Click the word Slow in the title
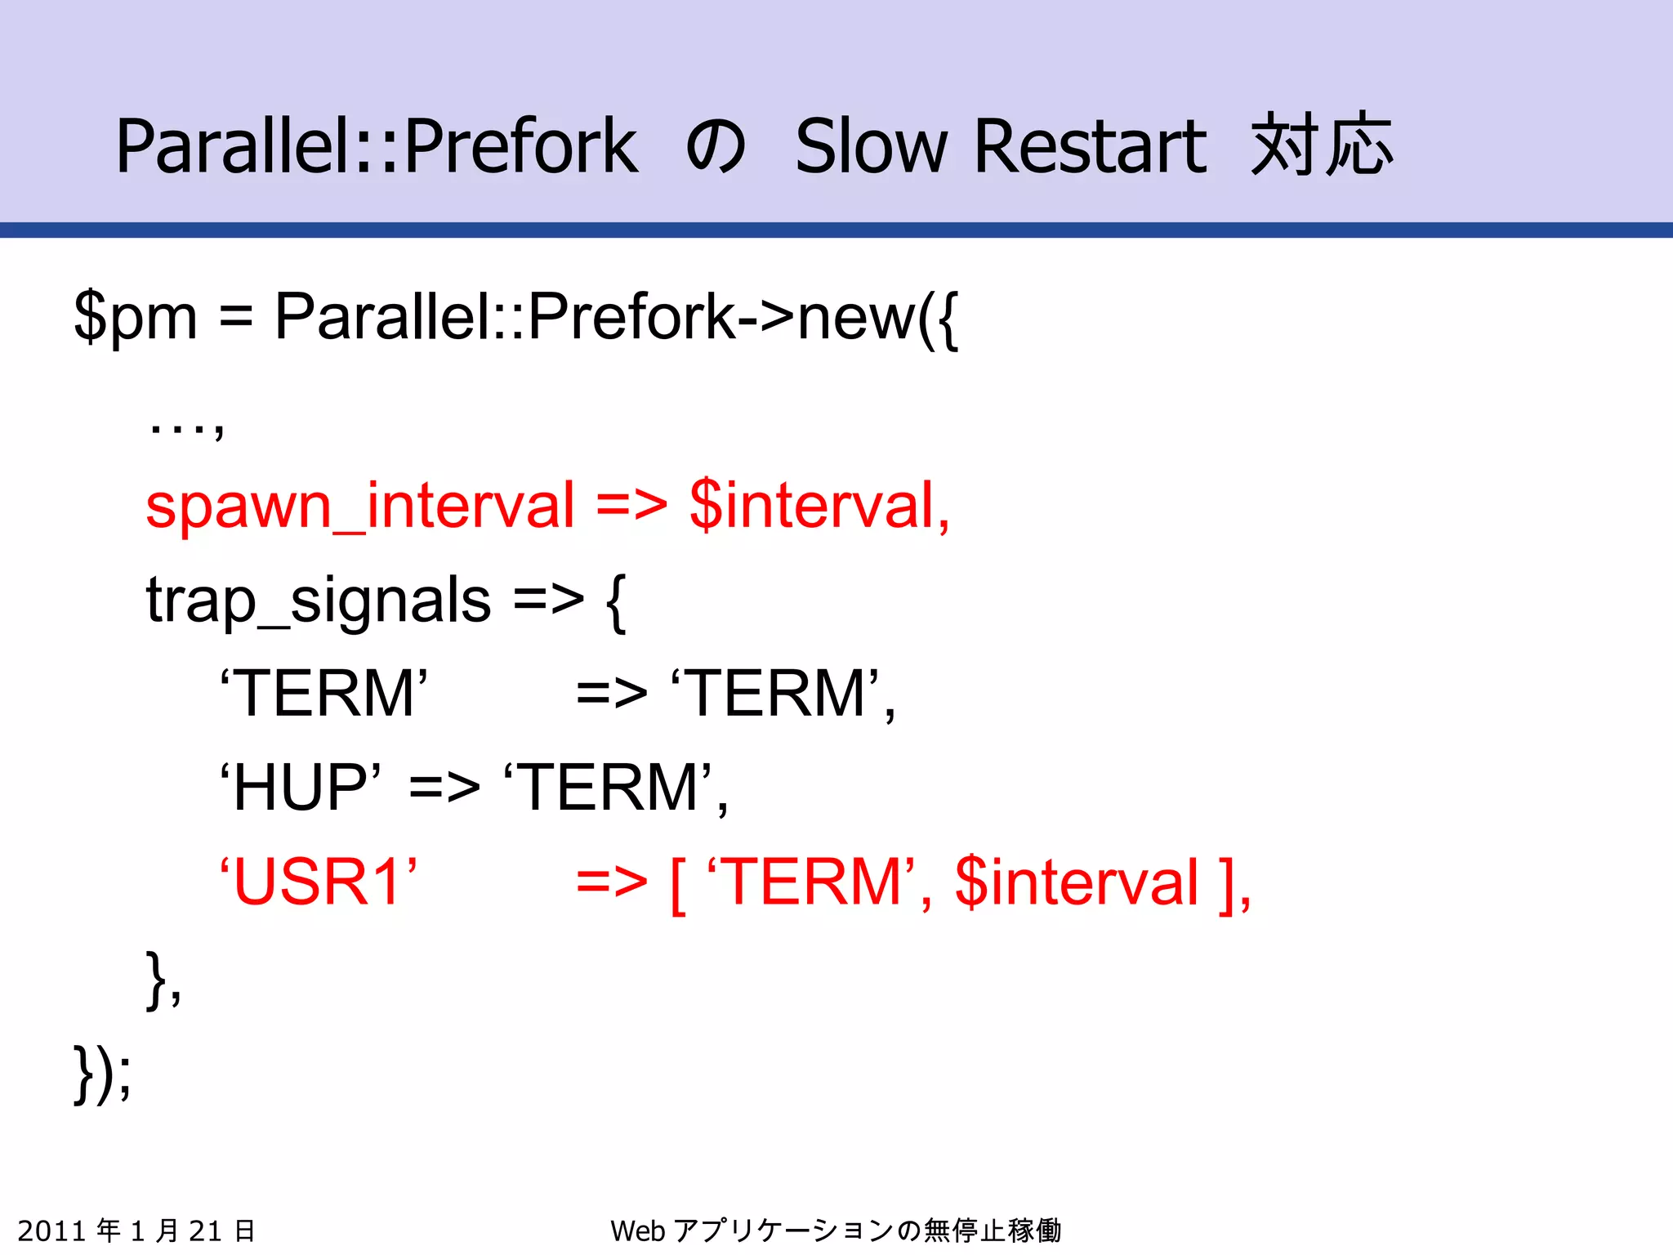(871, 147)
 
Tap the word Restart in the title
(1090, 147)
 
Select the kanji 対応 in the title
(1321, 145)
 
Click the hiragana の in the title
(716, 147)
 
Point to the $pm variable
(136, 317)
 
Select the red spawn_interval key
(359, 506)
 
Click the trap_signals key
(319, 601)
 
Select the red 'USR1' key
(319, 882)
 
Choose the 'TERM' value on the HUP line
(609, 788)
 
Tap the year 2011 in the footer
(51, 1230)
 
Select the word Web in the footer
(637, 1230)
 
